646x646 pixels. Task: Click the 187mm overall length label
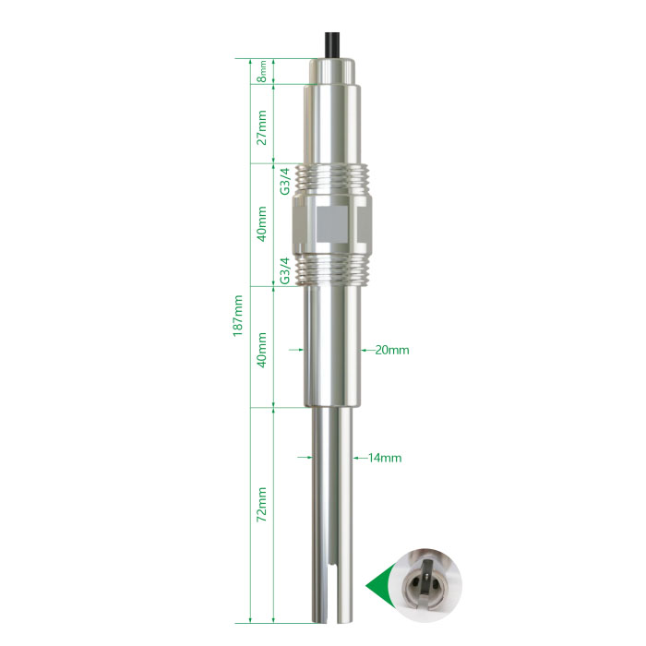click(x=238, y=316)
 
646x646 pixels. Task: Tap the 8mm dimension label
click(x=262, y=71)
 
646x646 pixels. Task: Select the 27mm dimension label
click(x=262, y=127)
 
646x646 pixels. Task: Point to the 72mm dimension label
click(x=262, y=505)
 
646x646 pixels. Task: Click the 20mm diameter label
click(x=392, y=350)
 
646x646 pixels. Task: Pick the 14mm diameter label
click(x=385, y=458)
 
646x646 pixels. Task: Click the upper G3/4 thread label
click(x=285, y=181)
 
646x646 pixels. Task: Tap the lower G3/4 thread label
click(x=285, y=270)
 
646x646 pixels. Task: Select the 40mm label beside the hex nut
click(x=262, y=223)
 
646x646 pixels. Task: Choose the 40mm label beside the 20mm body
click(x=262, y=350)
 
